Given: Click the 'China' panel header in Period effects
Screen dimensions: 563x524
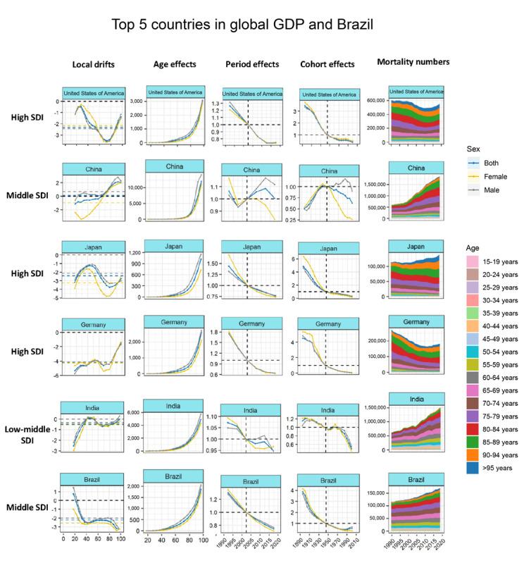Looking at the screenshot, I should pos(248,170).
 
